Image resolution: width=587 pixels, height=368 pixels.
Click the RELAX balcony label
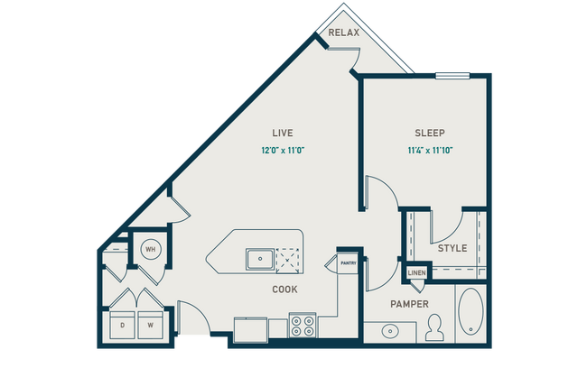click(344, 33)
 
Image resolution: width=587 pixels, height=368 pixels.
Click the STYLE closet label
click(452, 248)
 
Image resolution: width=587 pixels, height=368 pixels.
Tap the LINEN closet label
click(416, 272)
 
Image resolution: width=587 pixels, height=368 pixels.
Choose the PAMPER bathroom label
click(409, 304)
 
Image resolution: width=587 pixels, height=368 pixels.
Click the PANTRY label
click(349, 263)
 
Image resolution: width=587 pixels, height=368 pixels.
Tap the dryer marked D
click(122, 324)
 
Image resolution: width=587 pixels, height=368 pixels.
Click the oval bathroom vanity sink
click(391, 331)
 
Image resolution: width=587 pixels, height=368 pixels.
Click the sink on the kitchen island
click(260, 258)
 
